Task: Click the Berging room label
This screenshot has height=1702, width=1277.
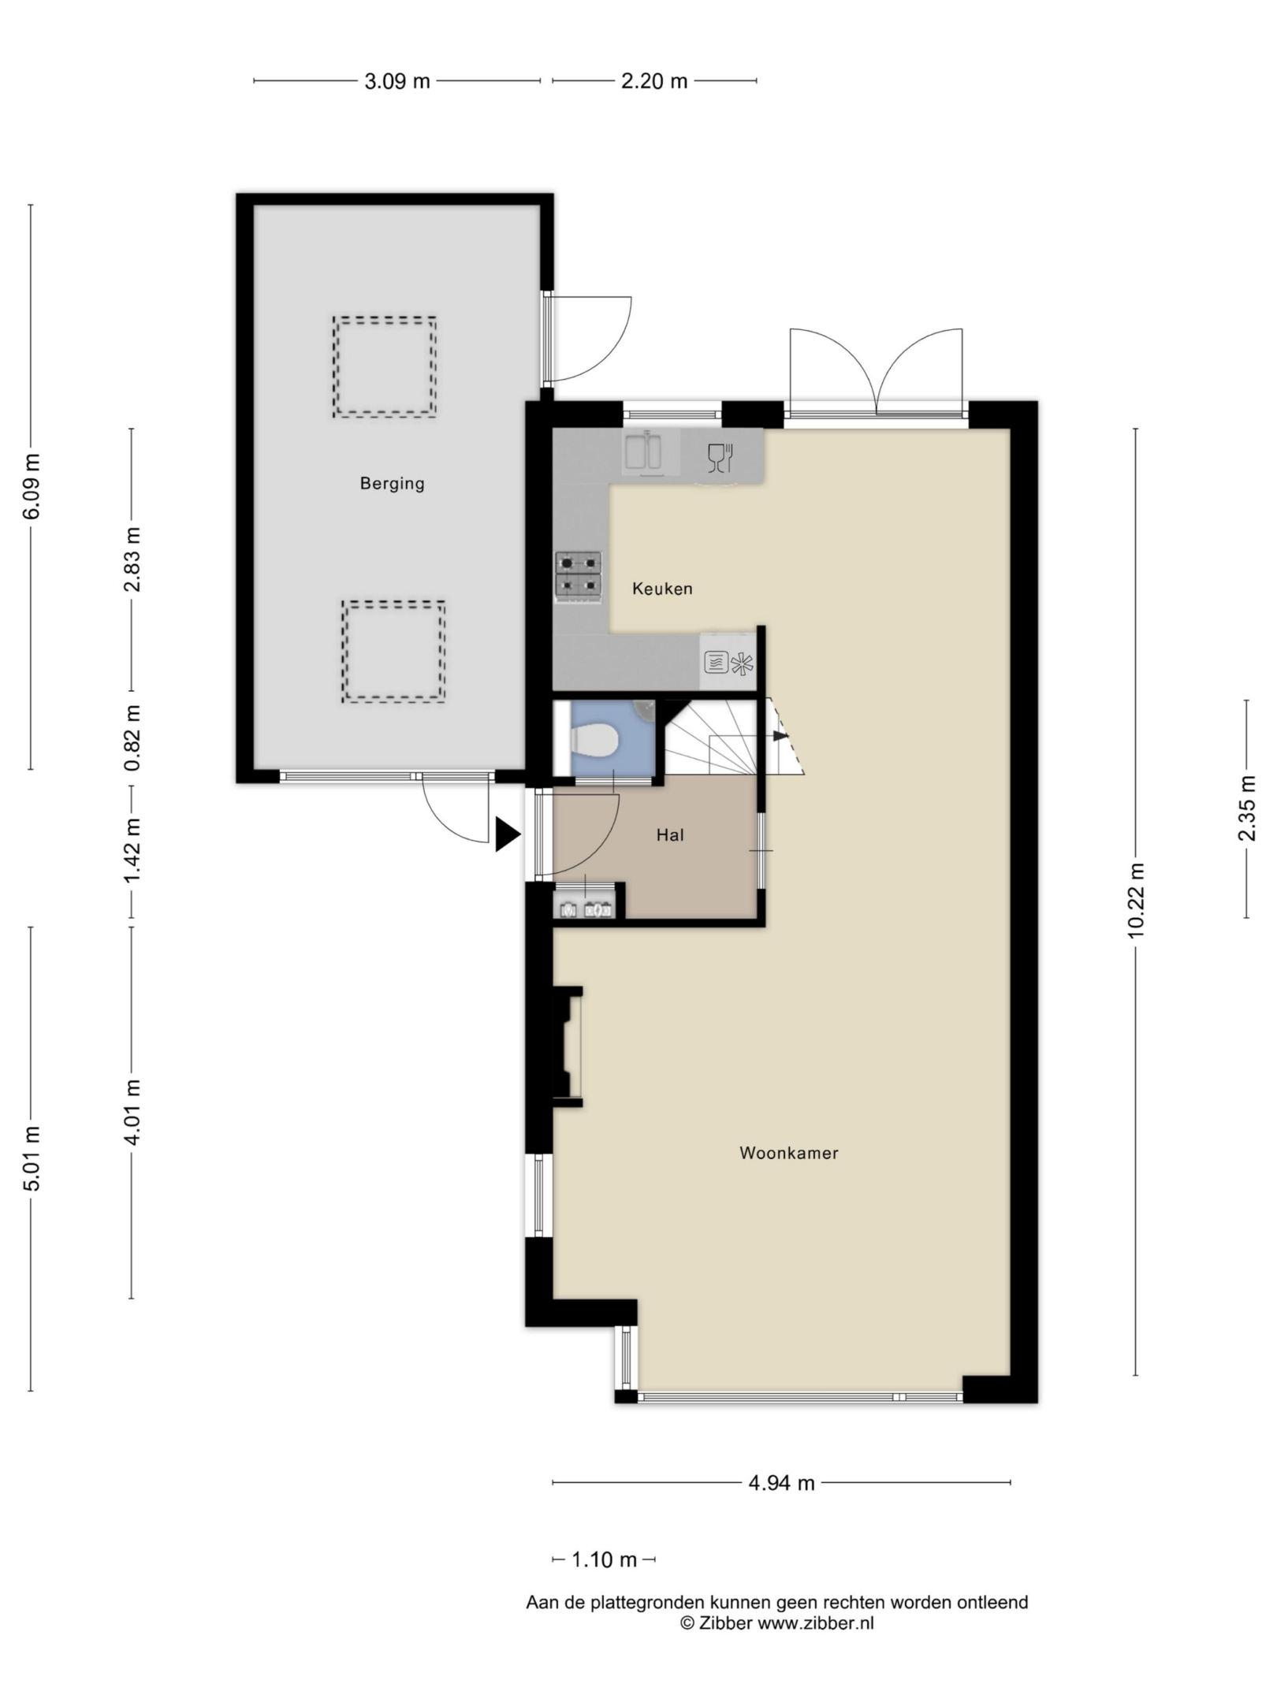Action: (392, 484)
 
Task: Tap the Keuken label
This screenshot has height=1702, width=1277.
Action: (662, 589)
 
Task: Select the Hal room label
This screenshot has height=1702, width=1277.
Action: (670, 835)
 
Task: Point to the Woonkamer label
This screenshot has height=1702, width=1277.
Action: (788, 1153)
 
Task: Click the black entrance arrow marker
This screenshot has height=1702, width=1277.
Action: (508, 835)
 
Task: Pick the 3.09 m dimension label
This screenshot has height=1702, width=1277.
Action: (397, 80)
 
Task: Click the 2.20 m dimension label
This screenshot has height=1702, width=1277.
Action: (654, 80)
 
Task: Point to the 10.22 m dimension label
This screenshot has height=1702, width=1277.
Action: (1136, 901)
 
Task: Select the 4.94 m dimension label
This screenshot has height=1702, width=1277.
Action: (781, 1484)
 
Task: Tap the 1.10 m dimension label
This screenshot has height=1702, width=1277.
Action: (604, 1559)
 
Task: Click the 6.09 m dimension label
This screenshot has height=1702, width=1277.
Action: (32, 487)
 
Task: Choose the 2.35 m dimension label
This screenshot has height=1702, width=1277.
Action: (1247, 809)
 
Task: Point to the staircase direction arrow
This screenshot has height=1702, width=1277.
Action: (780, 736)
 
